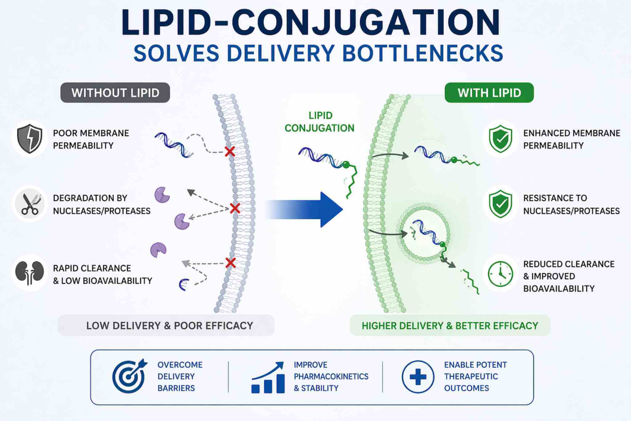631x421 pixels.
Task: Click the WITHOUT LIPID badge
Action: [x=115, y=93]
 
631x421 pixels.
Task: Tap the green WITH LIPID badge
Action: [x=489, y=93]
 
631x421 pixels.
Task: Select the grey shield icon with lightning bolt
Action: [x=30, y=139]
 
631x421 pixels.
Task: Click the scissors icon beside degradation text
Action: [x=30, y=204]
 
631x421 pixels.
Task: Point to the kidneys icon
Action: [x=30, y=273]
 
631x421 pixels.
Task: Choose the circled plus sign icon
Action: [x=418, y=377]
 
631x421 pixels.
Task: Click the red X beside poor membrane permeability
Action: [x=230, y=151]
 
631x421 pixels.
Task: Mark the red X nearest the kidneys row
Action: [x=230, y=263]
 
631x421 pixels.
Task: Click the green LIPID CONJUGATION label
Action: [x=320, y=122]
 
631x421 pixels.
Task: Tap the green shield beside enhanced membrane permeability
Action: [x=500, y=139]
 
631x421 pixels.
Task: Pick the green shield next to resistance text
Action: [x=500, y=204]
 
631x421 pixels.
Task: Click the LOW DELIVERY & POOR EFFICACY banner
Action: [x=166, y=325]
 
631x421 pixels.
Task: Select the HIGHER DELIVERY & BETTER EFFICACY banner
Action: [x=450, y=325]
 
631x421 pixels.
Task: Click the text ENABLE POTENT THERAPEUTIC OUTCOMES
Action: [x=475, y=376]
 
